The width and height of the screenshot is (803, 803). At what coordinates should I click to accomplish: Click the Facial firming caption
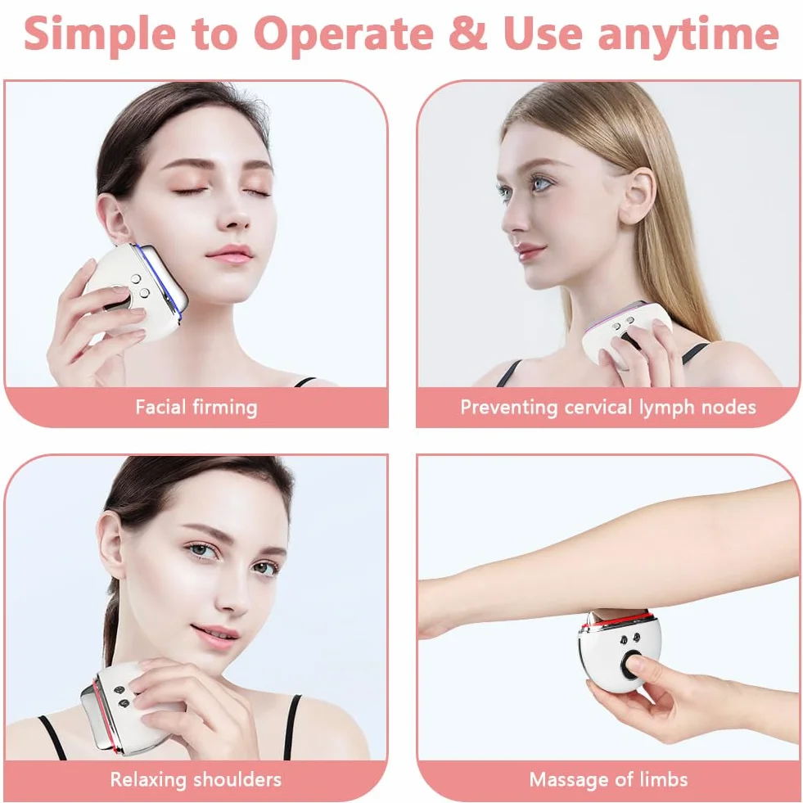[196, 407]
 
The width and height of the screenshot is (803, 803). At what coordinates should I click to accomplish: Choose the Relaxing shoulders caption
[196, 779]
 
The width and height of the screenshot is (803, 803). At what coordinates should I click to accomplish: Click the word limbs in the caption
[663, 779]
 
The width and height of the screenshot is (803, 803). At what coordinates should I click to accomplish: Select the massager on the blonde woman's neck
[627, 332]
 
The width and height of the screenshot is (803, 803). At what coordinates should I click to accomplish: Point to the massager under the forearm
[620, 651]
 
